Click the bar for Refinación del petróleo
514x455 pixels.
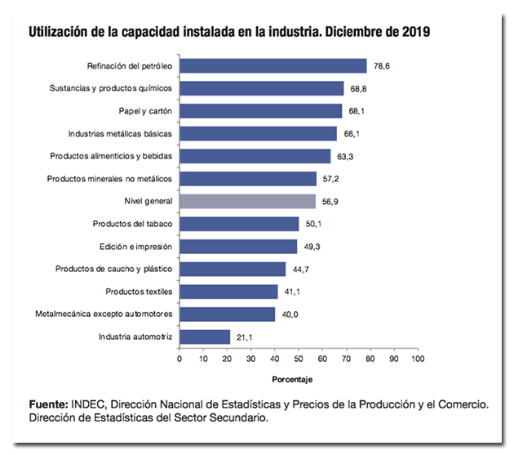[273, 66]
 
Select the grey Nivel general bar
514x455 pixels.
[247, 201]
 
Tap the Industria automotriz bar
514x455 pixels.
[205, 336]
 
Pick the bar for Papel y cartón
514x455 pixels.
[260, 111]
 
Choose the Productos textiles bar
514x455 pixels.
[228, 291]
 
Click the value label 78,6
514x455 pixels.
[382, 66]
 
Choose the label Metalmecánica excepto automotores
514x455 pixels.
[103, 314]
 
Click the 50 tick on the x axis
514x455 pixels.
[299, 358]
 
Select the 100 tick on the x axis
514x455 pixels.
[418, 358]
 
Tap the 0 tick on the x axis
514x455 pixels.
[179, 358]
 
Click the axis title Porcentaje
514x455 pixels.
[293, 378]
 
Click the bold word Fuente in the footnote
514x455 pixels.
[47, 404]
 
